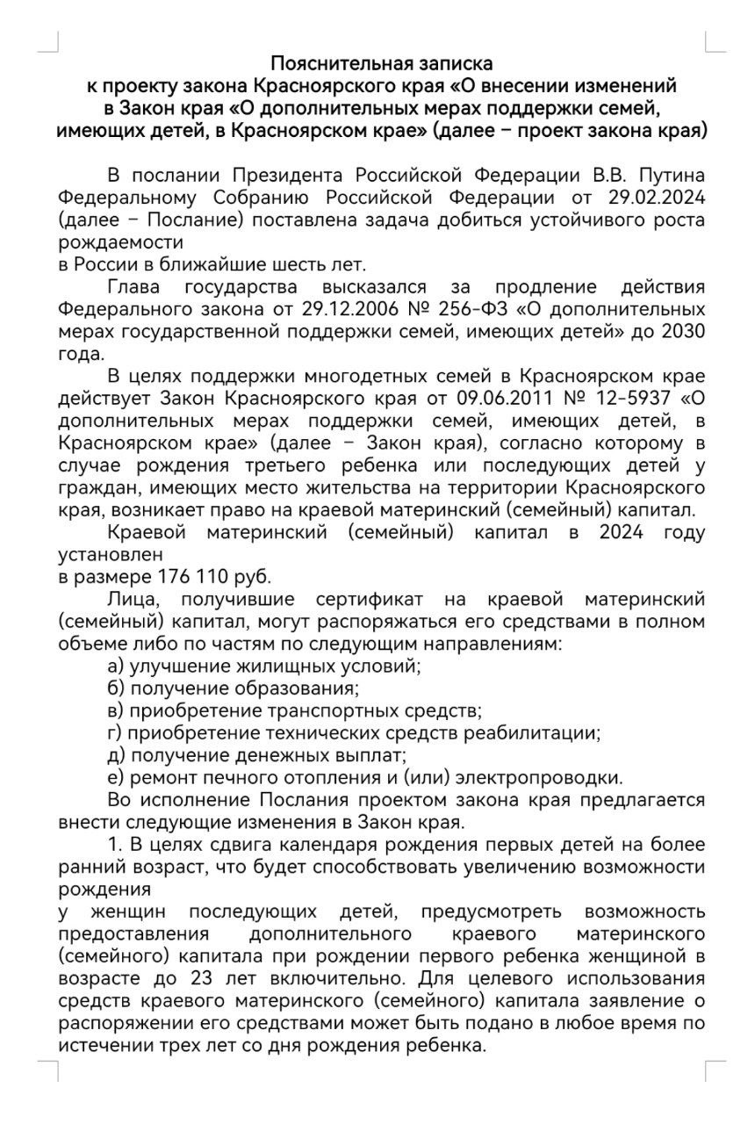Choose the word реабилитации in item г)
coord(543,731)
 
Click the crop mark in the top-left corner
coord(52,42)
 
